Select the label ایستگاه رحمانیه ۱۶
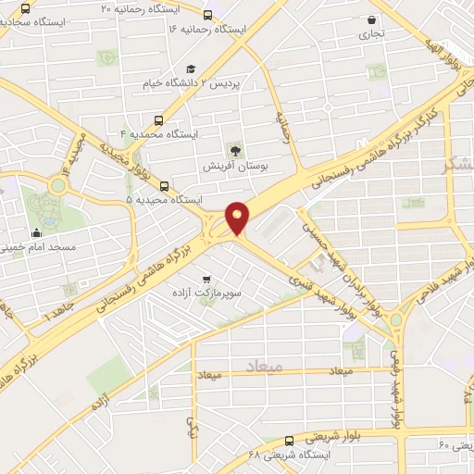[x=209, y=30]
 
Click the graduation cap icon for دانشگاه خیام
[x=191, y=69]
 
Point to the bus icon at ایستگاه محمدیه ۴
[x=160, y=119]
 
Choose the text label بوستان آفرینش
[x=236, y=167]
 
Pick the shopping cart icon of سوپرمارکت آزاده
[x=206, y=276]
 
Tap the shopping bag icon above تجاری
[x=372, y=19]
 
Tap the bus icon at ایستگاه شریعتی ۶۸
[x=290, y=441]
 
